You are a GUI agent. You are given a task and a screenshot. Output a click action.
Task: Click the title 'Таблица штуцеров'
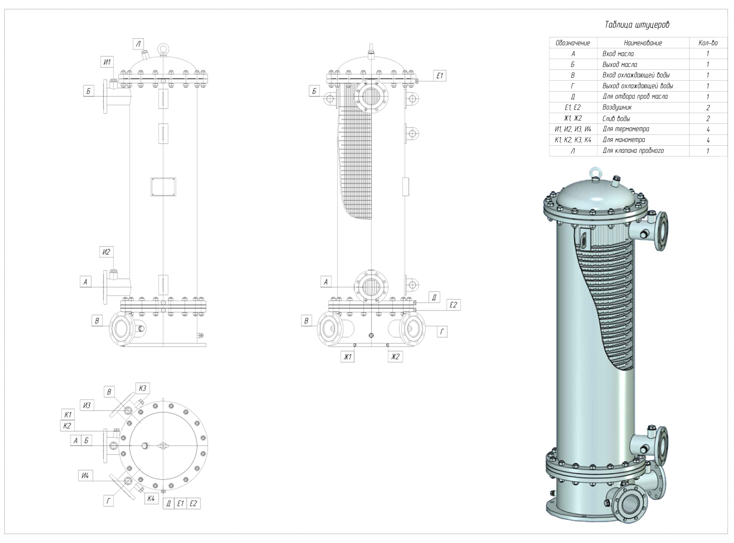coord(637,25)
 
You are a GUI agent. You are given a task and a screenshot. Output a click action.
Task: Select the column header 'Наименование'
coord(643,43)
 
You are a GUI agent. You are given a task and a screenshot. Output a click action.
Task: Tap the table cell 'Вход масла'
coord(618,54)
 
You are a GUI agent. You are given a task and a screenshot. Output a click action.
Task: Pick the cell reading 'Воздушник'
coord(617,107)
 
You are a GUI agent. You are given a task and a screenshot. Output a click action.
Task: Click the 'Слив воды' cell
coord(616,118)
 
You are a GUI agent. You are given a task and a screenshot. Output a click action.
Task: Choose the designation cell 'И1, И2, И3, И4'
coord(573,129)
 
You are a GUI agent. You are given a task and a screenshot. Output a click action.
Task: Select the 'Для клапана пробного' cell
coord(633,151)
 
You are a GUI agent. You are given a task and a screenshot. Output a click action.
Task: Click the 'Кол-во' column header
coord(708,43)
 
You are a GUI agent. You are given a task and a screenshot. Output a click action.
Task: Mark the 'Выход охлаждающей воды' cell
coord(638,86)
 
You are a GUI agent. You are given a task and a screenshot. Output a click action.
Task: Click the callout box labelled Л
coord(138,44)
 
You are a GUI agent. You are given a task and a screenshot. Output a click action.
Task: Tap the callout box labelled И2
coord(106,252)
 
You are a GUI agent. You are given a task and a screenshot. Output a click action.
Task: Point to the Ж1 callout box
coord(347,357)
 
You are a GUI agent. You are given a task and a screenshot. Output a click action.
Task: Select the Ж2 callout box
coord(395,357)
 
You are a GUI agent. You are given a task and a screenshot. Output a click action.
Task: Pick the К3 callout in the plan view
coord(143,388)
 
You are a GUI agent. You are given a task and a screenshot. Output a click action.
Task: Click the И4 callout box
coord(85,476)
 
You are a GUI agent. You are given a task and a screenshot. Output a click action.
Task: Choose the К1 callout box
coord(68,415)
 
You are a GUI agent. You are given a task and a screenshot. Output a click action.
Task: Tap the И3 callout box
coord(87,405)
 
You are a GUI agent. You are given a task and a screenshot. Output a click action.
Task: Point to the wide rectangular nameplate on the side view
coord(163,186)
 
